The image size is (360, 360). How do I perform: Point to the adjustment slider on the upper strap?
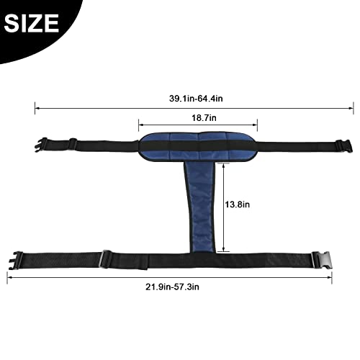pos(72,144)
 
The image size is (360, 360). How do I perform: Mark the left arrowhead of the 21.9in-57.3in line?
pos(11,274)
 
